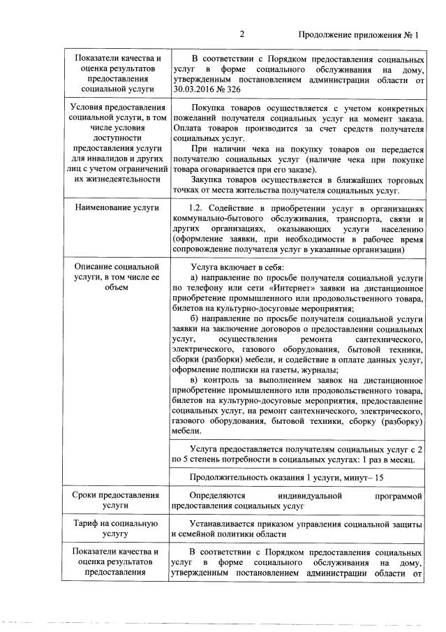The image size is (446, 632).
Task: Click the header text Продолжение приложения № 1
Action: (x=358, y=35)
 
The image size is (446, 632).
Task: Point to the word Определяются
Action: (x=217, y=496)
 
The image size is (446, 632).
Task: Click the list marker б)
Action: (x=195, y=319)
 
